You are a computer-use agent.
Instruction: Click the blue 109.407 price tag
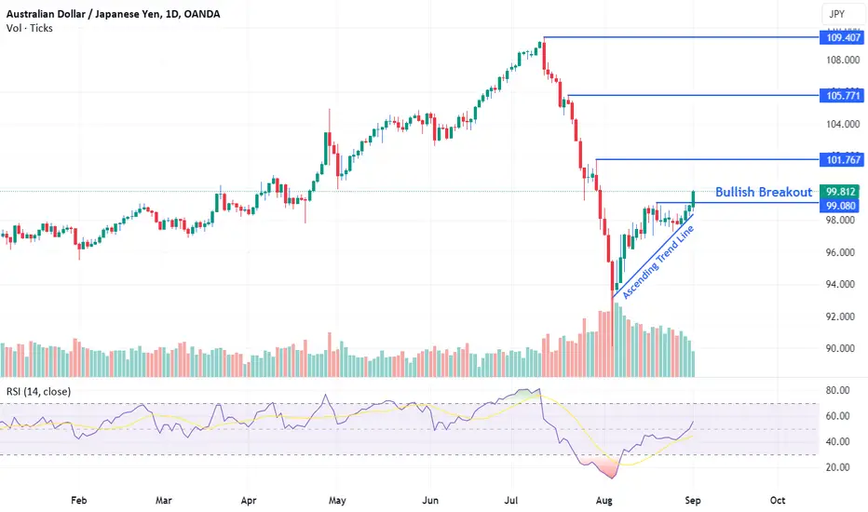[x=843, y=37]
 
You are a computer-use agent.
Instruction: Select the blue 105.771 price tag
[x=843, y=96]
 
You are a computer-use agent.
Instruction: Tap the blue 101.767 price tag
[x=843, y=160]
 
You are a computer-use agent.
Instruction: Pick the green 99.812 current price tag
[x=840, y=192]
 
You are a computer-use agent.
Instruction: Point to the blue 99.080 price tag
[x=840, y=206]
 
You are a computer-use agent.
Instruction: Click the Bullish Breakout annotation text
[x=764, y=192]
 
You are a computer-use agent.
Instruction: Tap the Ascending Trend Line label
[x=658, y=263]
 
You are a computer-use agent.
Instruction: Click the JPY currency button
[x=837, y=14]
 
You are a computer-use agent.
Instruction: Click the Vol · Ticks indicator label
[x=30, y=28]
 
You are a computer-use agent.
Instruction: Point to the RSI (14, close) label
[x=39, y=391]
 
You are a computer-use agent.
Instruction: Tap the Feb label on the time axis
[x=78, y=501]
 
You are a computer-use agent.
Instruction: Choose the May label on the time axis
[x=337, y=501]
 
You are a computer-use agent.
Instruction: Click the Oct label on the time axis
[x=778, y=501]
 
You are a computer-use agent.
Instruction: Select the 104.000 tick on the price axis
[x=843, y=124]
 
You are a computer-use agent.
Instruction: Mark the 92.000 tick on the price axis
[x=843, y=317]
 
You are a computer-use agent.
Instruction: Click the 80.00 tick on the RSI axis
[x=837, y=390]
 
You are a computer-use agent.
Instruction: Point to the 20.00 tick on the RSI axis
[x=837, y=467]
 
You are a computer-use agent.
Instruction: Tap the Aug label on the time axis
[x=604, y=501]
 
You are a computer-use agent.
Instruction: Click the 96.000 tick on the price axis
[x=843, y=252]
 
